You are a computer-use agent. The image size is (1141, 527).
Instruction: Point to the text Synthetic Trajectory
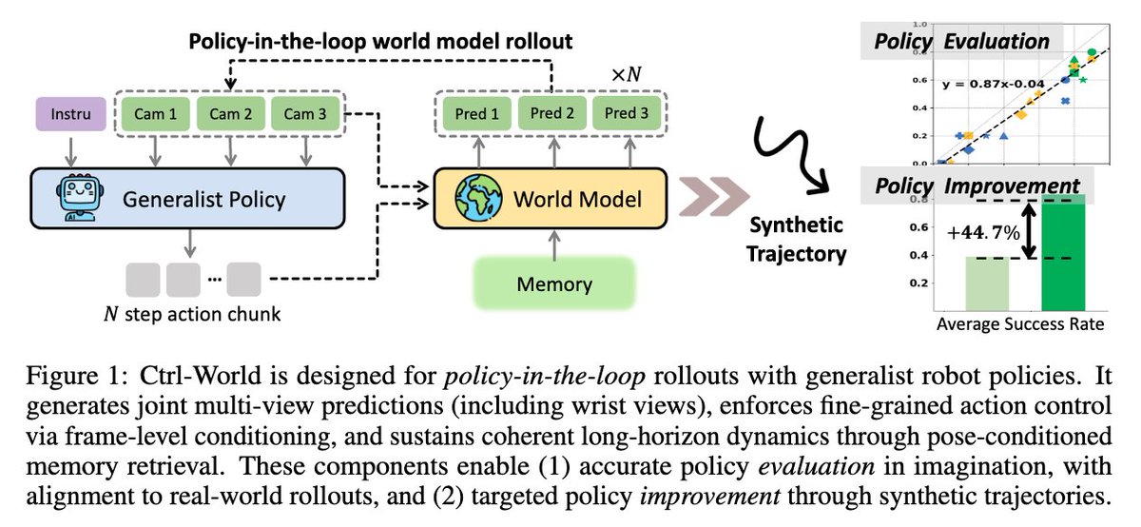pos(798,239)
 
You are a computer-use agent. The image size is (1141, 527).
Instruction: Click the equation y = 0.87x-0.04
pos(992,84)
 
